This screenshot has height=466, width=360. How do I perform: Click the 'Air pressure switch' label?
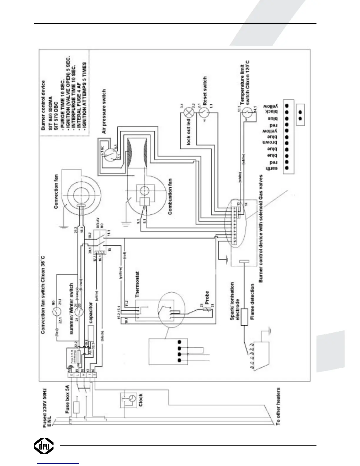pyautogui.click(x=104, y=112)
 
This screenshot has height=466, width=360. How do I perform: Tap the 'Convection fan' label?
pyautogui.click(x=56, y=191)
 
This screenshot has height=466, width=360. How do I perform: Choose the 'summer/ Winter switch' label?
pyautogui.click(x=71, y=303)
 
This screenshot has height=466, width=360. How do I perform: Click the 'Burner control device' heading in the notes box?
pyautogui.click(x=44, y=105)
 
